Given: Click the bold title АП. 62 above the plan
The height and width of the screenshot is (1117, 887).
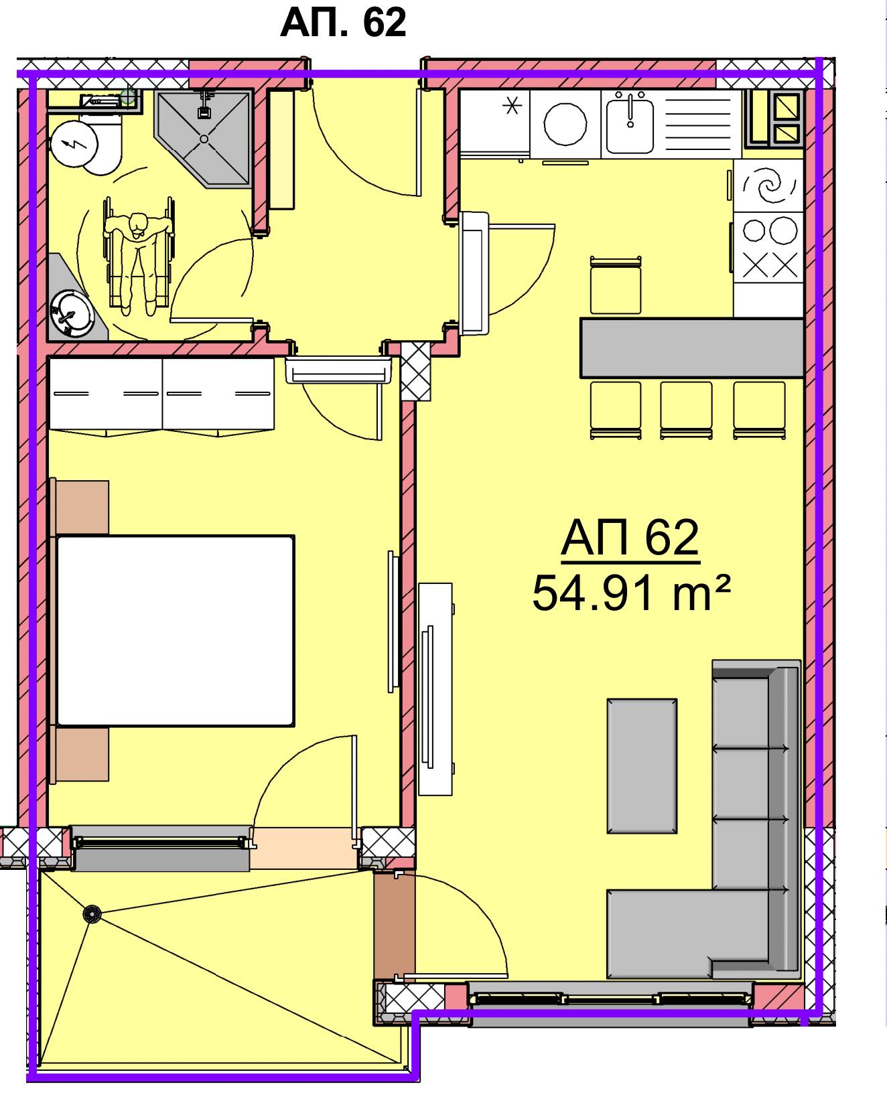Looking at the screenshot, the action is pyautogui.click(x=343, y=23).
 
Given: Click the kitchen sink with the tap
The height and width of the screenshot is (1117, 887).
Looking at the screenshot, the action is pyautogui.click(x=630, y=123).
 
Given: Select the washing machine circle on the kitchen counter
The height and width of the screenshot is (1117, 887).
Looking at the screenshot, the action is pyautogui.click(x=565, y=125).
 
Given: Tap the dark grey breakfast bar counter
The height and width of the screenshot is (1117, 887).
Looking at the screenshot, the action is pyautogui.click(x=691, y=348).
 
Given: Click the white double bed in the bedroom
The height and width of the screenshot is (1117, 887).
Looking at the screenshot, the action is pyautogui.click(x=176, y=630).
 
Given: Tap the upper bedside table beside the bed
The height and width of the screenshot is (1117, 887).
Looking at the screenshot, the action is pyautogui.click(x=82, y=507).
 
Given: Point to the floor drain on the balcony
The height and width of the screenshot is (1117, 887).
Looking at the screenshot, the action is pyautogui.click(x=91, y=913).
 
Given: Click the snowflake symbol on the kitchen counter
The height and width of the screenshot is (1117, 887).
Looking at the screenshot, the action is pyautogui.click(x=513, y=106).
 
